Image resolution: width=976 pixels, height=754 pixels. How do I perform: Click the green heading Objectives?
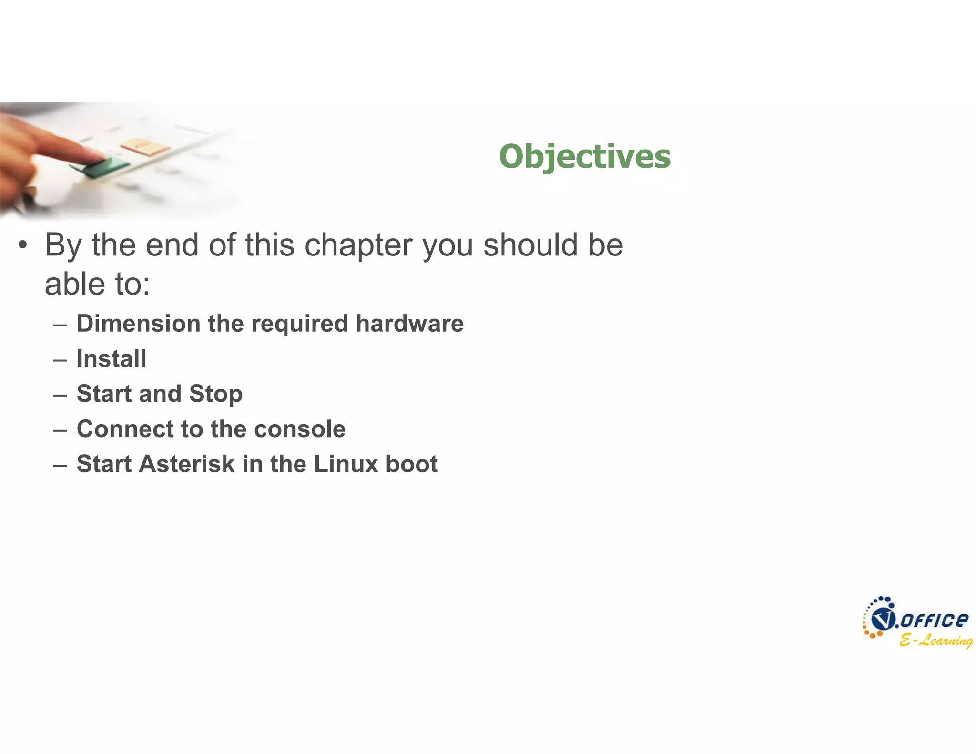click(x=584, y=156)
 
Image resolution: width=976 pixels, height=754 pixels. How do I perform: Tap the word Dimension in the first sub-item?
click(x=138, y=324)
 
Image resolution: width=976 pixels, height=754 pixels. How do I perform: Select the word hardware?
click(x=409, y=324)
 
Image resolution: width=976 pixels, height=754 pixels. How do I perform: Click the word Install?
click(x=112, y=358)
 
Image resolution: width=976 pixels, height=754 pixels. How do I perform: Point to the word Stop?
click(x=216, y=394)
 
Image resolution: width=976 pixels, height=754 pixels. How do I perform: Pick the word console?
click(x=300, y=429)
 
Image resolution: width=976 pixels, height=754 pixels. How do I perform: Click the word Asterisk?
click(x=186, y=464)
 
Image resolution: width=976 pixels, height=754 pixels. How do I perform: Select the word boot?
click(x=411, y=464)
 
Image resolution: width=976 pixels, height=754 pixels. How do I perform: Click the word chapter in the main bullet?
click(x=358, y=245)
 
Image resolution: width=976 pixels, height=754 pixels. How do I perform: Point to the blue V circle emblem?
click(x=882, y=620)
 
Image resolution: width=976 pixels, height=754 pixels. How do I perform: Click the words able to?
click(x=97, y=285)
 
